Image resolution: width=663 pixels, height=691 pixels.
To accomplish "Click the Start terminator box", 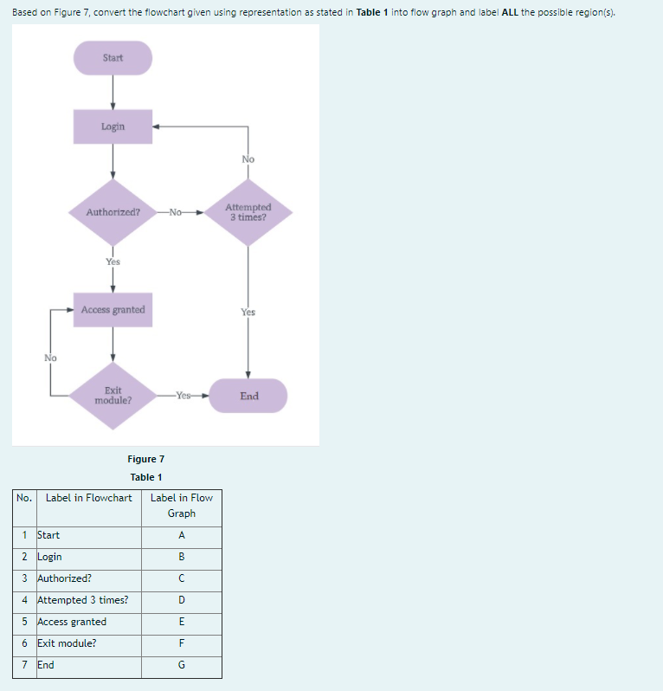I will [113, 58].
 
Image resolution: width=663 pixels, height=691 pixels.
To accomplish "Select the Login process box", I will [113, 126].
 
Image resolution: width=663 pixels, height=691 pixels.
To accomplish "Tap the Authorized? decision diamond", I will [113, 212].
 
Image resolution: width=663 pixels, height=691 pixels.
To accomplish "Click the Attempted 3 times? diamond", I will [248, 212].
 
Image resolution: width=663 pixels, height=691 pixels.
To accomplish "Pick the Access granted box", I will [113, 310].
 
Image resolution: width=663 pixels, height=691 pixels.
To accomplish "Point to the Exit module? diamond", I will [113, 397].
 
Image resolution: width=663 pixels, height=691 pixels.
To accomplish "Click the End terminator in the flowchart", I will [249, 397].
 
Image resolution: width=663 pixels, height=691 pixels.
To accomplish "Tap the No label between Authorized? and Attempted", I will [177, 212].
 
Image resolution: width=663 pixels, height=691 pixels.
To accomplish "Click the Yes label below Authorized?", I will [113, 262].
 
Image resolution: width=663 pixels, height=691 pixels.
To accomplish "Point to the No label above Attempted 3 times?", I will [248, 159].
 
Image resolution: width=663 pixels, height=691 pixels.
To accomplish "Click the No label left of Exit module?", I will [50, 358].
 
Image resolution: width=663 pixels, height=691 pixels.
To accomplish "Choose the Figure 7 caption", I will [145, 459].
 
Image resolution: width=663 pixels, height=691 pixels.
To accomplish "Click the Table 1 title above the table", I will [146, 477].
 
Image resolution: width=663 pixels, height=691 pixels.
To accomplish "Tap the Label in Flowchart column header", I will [88, 498].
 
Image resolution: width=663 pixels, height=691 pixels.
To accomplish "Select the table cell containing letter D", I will [182, 600].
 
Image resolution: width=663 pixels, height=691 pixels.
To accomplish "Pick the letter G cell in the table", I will [182, 665].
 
